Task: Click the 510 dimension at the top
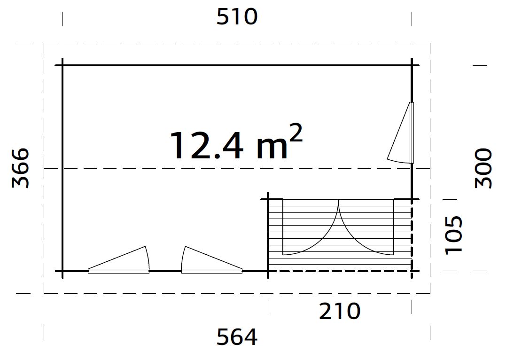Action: click(237, 17)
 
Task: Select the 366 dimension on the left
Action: click(21, 168)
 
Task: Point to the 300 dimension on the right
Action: click(483, 168)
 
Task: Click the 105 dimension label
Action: click(454, 235)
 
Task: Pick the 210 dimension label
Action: click(340, 311)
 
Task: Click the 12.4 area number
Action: click(207, 145)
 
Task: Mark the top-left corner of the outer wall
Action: click(62, 65)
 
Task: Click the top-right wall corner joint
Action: click(412, 65)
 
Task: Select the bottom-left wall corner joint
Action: click(62, 271)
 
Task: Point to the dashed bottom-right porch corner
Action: click(412, 271)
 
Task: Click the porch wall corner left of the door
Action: click(268, 200)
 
